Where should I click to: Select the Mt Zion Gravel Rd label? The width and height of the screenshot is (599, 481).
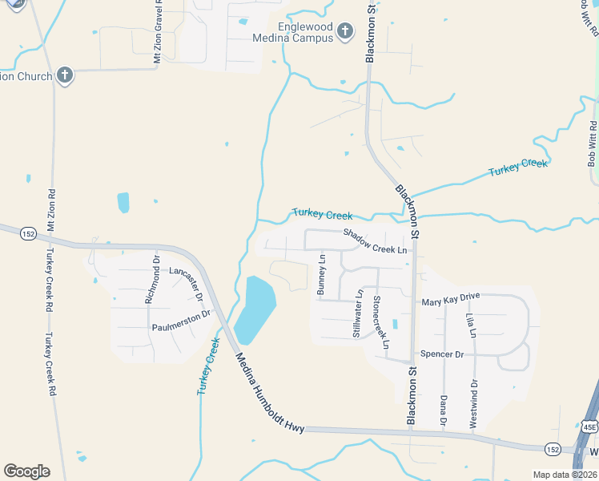(158, 32)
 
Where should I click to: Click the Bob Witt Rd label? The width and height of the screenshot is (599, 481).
(593, 143)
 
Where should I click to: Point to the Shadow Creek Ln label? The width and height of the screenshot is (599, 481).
(376, 240)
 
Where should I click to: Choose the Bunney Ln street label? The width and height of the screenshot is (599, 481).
(322, 274)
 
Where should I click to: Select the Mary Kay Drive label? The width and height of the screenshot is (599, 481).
(450, 299)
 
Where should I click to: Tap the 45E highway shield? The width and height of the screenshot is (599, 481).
(589, 428)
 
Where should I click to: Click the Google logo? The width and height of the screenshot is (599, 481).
(26, 471)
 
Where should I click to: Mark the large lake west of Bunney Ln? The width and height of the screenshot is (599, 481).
(256, 309)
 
